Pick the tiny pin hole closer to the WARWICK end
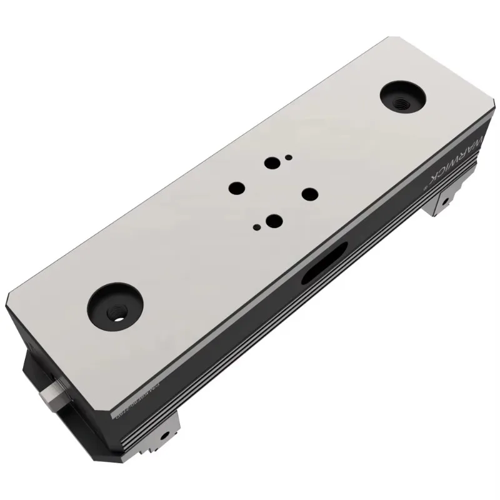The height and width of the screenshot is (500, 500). click(x=287, y=157)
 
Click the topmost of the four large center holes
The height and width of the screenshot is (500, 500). click(x=271, y=164)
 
